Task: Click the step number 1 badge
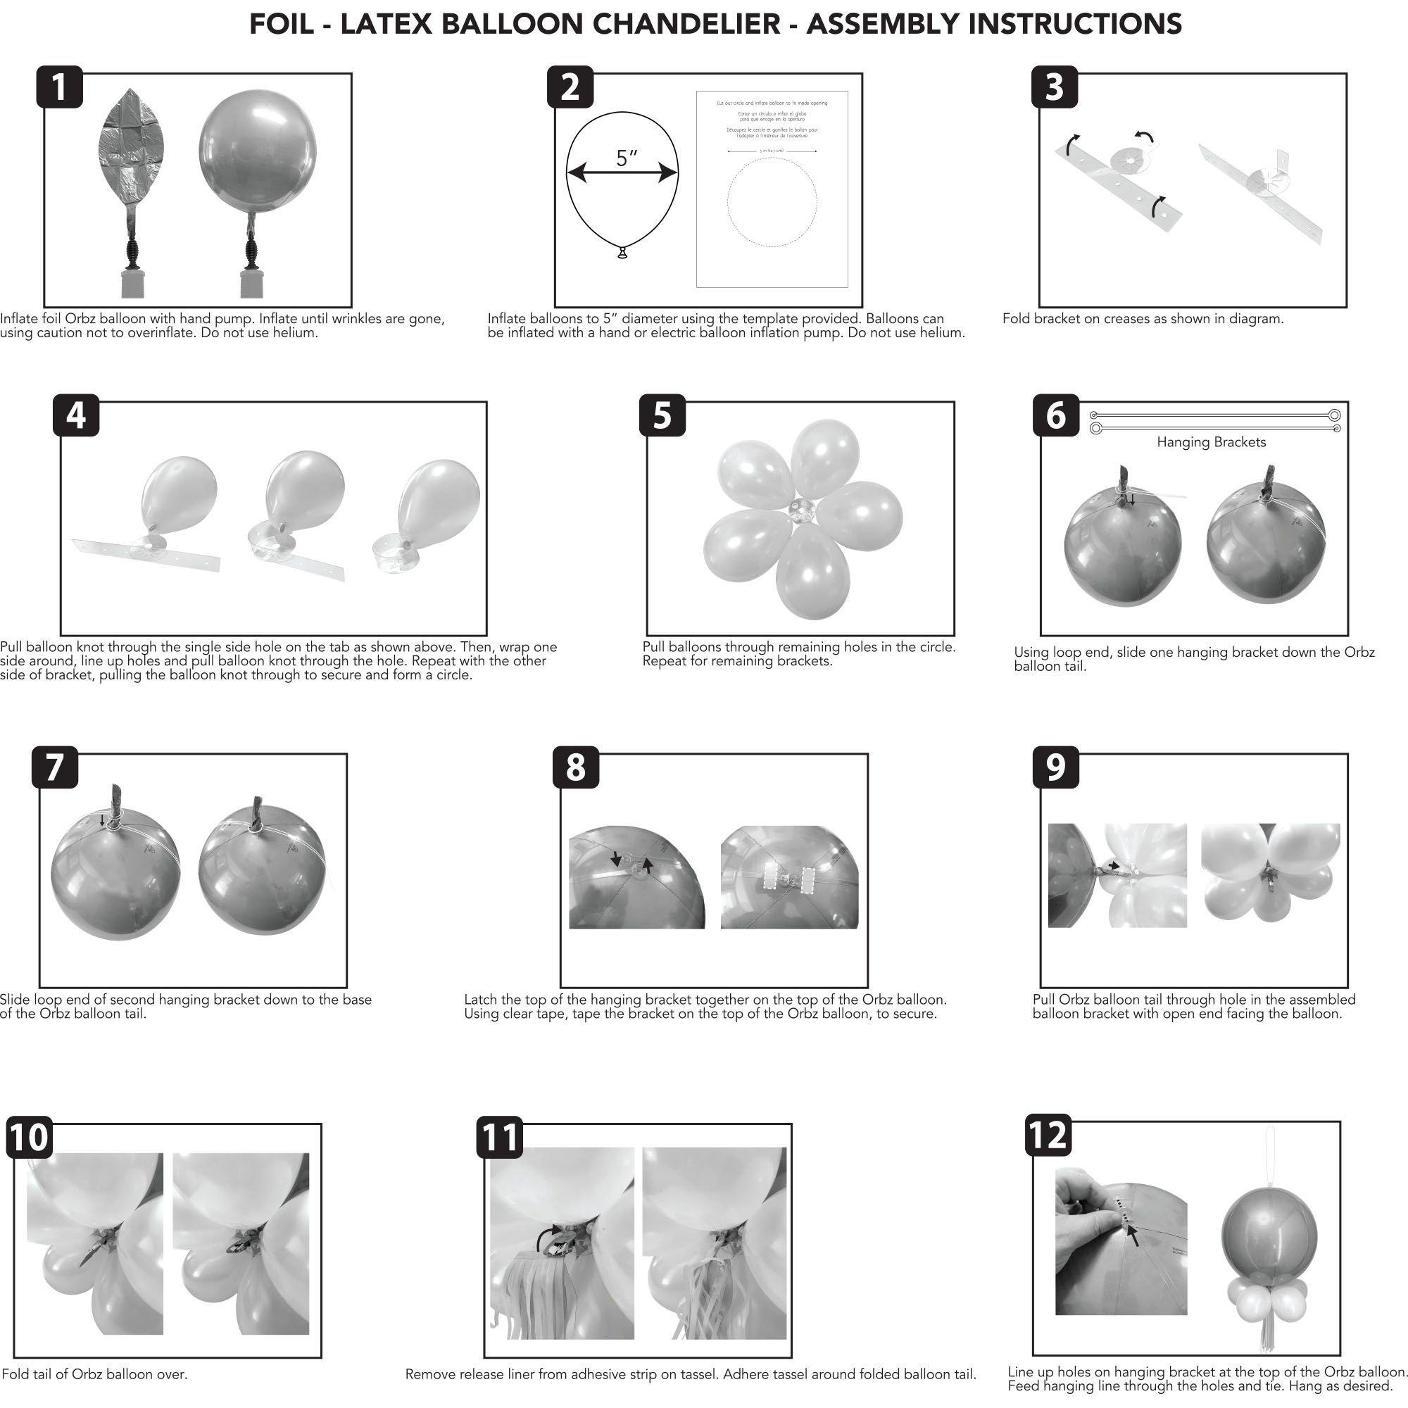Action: pyautogui.click(x=60, y=87)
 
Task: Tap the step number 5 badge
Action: pyautogui.click(x=662, y=415)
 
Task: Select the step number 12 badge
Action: pyautogui.click(x=1048, y=1135)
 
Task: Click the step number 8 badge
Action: pyautogui.click(x=575, y=767)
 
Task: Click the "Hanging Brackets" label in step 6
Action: pyautogui.click(x=1211, y=442)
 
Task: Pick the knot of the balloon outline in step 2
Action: pyautogui.click(x=622, y=253)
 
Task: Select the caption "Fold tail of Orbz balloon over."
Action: pyautogui.click(x=95, y=1374)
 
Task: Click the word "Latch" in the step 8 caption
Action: pyautogui.click(x=482, y=1000)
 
